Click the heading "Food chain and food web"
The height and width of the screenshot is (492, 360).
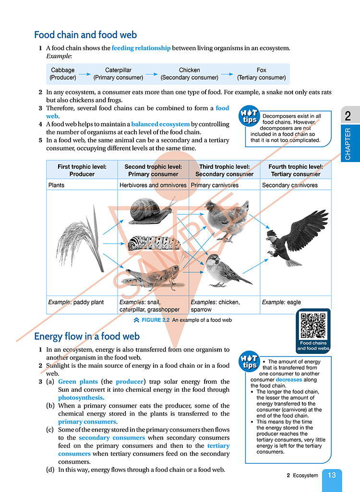tap(85, 35)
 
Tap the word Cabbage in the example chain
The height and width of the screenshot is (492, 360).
tap(63, 70)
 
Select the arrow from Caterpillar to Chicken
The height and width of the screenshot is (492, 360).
tap(152, 74)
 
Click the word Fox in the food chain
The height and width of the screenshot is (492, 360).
tap(261, 70)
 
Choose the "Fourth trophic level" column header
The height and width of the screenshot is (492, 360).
tap(295, 170)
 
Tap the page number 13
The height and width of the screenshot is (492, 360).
tap(332, 475)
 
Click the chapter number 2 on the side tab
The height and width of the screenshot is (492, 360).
tap(348, 116)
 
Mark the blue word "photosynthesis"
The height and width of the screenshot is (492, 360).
tap(81, 398)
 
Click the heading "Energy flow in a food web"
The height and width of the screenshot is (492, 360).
tap(87, 336)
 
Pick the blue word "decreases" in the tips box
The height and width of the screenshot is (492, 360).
tap(289, 379)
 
